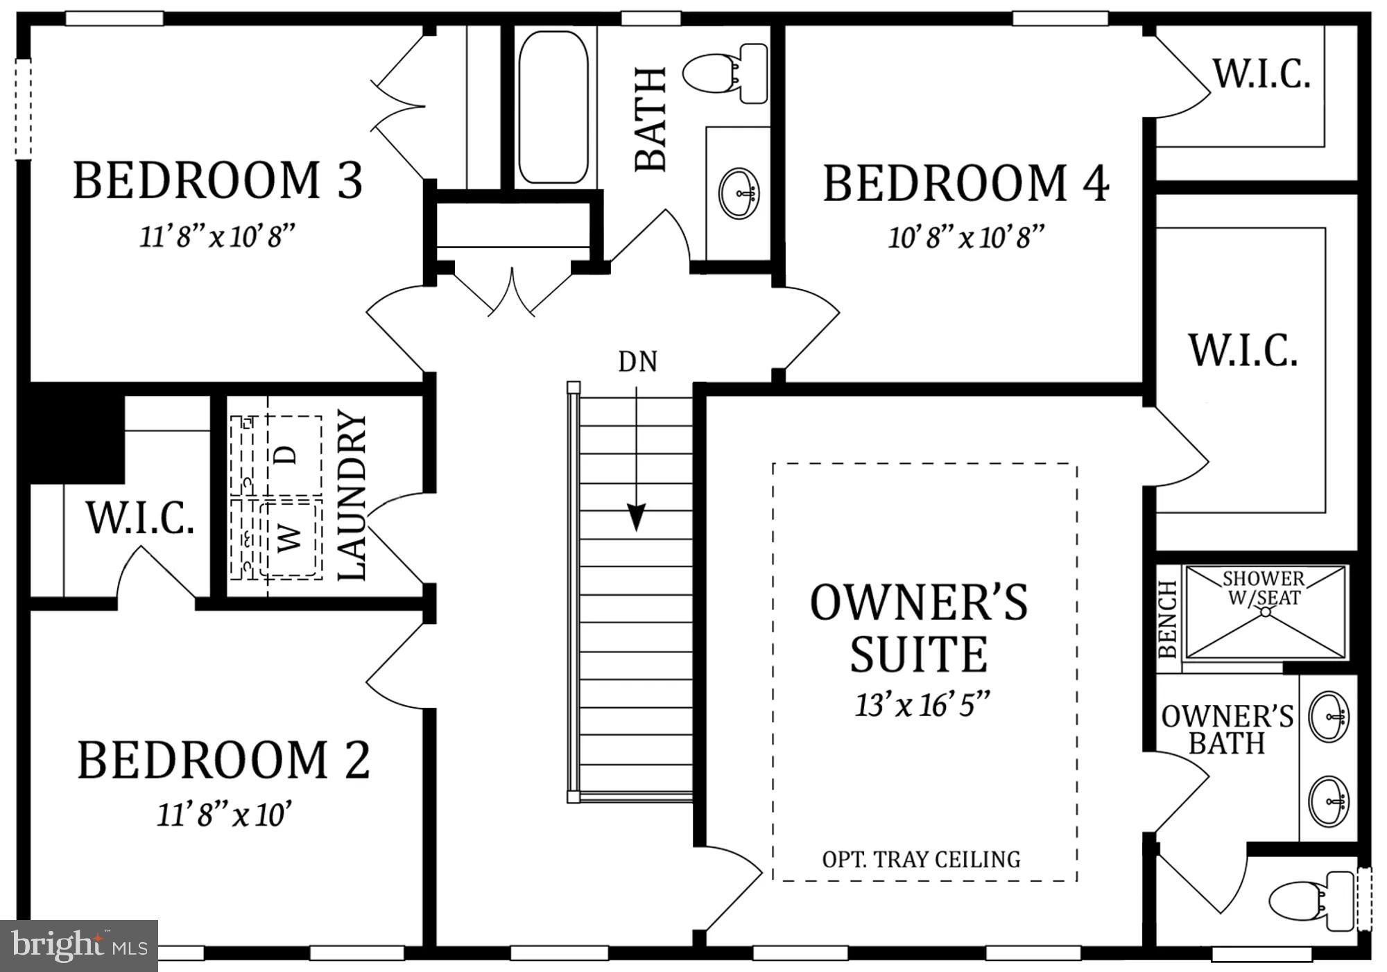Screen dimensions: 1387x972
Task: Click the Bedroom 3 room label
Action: [x=218, y=180]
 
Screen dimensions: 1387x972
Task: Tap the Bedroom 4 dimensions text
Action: [x=966, y=237]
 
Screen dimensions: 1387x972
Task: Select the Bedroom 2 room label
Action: [x=223, y=761]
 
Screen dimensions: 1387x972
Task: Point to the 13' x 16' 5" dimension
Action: [x=922, y=705]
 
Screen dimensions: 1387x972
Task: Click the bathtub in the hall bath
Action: [x=553, y=107]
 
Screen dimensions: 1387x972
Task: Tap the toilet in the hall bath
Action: [x=725, y=73]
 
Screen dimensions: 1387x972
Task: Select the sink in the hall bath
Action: [x=739, y=192]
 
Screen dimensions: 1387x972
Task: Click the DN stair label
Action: [x=637, y=361]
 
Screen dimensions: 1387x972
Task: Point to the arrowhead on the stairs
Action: [x=636, y=517]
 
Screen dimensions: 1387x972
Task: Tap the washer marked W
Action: [x=290, y=539]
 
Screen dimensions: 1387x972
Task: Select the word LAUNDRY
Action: [x=352, y=495]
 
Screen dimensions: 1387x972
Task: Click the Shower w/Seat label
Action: [x=1264, y=588]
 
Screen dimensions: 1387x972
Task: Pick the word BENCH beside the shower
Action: [x=1168, y=619]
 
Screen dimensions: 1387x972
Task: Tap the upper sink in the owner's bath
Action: [x=1328, y=716]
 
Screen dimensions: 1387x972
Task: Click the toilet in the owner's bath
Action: [x=1311, y=901]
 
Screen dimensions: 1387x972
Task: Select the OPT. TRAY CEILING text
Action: [x=921, y=860]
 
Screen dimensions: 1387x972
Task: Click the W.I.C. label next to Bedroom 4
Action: [x=1261, y=74]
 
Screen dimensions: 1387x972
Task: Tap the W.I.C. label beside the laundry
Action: [x=139, y=517]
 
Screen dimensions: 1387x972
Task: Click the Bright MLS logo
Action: [x=79, y=946]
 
